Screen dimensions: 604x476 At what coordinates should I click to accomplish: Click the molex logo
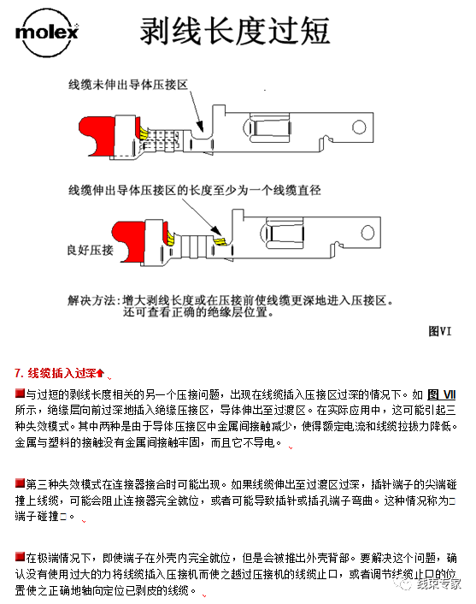(46, 33)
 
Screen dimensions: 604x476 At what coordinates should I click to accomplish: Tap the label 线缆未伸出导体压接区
(128, 84)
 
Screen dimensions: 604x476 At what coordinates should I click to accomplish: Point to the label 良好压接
(90, 250)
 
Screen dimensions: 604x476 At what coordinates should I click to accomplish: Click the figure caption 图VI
(439, 331)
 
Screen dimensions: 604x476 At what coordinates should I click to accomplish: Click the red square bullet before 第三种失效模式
(19, 482)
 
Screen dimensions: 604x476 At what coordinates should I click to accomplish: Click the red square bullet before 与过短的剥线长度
(19, 393)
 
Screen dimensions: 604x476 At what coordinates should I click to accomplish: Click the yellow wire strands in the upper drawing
(145, 133)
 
